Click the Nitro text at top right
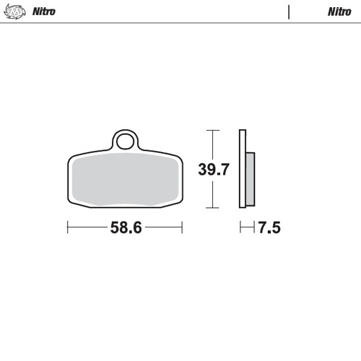click(339, 12)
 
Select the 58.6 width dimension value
click(125, 228)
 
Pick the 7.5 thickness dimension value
click(269, 228)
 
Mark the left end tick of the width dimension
click(67, 228)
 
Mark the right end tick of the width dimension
click(182, 228)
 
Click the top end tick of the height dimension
click(210, 130)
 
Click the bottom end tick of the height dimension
click(210, 207)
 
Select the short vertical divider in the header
click(289, 12)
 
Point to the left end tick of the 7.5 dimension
click(242, 228)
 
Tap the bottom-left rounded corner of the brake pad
click(71, 202)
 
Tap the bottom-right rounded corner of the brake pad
click(178, 202)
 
